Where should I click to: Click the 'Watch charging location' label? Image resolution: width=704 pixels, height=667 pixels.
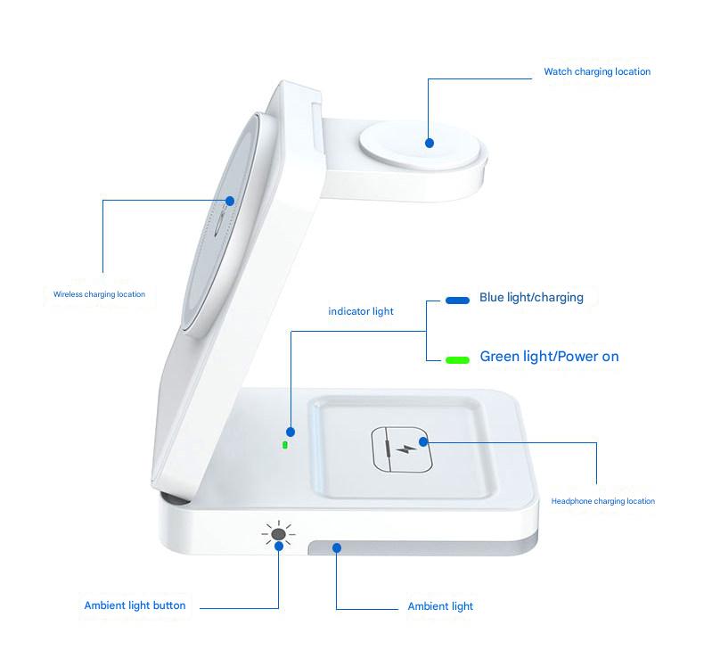(x=597, y=71)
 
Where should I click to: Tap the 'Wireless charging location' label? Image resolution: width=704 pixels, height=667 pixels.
(x=99, y=294)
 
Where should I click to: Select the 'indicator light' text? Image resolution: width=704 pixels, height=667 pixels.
(x=361, y=311)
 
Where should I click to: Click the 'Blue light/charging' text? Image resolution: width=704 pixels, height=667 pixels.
(x=531, y=297)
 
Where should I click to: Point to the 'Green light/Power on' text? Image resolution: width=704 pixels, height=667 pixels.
(x=549, y=357)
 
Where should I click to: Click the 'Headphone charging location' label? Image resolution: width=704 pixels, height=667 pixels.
(x=602, y=501)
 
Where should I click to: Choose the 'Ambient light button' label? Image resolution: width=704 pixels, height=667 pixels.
(x=135, y=605)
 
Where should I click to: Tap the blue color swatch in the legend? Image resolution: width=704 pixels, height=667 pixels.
(x=457, y=301)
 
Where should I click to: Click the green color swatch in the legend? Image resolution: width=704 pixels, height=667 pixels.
(x=457, y=360)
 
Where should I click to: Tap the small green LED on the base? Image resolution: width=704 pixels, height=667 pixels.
(x=285, y=444)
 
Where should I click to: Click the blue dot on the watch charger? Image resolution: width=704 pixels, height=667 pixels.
(x=430, y=142)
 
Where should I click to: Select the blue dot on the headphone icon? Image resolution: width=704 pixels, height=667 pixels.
(x=424, y=441)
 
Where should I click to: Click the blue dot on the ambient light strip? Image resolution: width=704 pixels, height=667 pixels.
(x=336, y=548)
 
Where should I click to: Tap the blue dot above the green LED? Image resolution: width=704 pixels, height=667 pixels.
(x=291, y=432)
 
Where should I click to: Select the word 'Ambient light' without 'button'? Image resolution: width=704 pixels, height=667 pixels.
(x=440, y=606)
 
